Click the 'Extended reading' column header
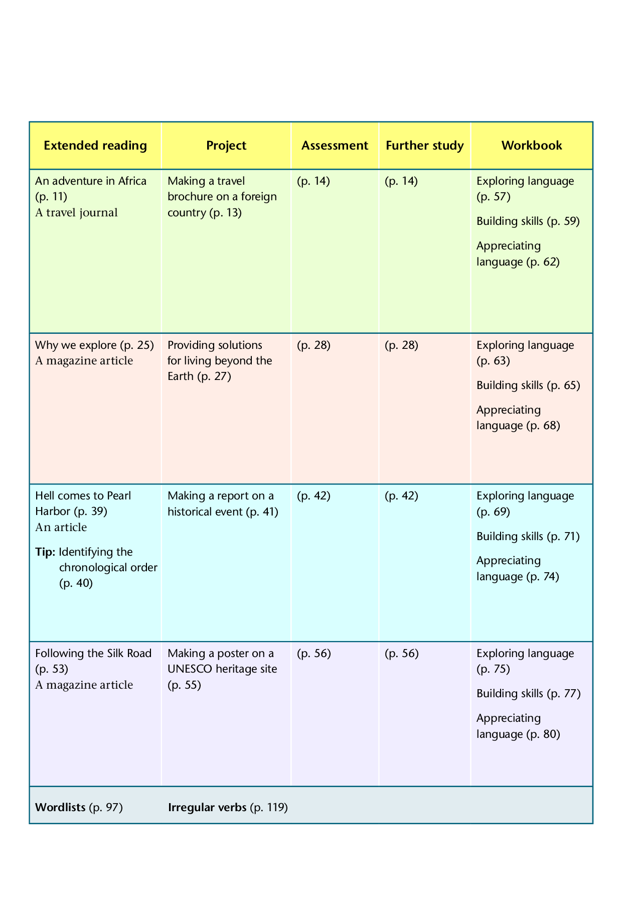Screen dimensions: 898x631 click(95, 146)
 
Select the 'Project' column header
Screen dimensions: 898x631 click(226, 146)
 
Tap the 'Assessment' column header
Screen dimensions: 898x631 click(335, 146)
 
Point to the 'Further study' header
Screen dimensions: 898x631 click(425, 146)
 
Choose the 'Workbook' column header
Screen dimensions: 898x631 click(532, 146)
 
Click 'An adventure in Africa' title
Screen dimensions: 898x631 click(91, 181)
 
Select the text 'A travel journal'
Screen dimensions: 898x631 click(76, 213)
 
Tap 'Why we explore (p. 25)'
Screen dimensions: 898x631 click(94, 345)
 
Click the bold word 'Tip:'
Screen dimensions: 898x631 click(45, 552)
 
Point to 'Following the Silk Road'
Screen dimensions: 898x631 click(93, 654)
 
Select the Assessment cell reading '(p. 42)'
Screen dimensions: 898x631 click(313, 496)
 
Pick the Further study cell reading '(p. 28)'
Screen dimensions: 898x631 click(401, 345)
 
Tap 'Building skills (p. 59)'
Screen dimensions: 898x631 click(528, 221)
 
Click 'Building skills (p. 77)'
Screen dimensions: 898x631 click(528, 694)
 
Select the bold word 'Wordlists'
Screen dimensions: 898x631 click(60, 808)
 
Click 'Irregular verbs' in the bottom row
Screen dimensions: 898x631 click(207, 808)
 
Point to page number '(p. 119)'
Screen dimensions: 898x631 click(269, 808)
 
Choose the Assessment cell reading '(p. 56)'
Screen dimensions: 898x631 click(313, 654)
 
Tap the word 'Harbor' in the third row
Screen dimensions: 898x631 click(53, 511)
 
